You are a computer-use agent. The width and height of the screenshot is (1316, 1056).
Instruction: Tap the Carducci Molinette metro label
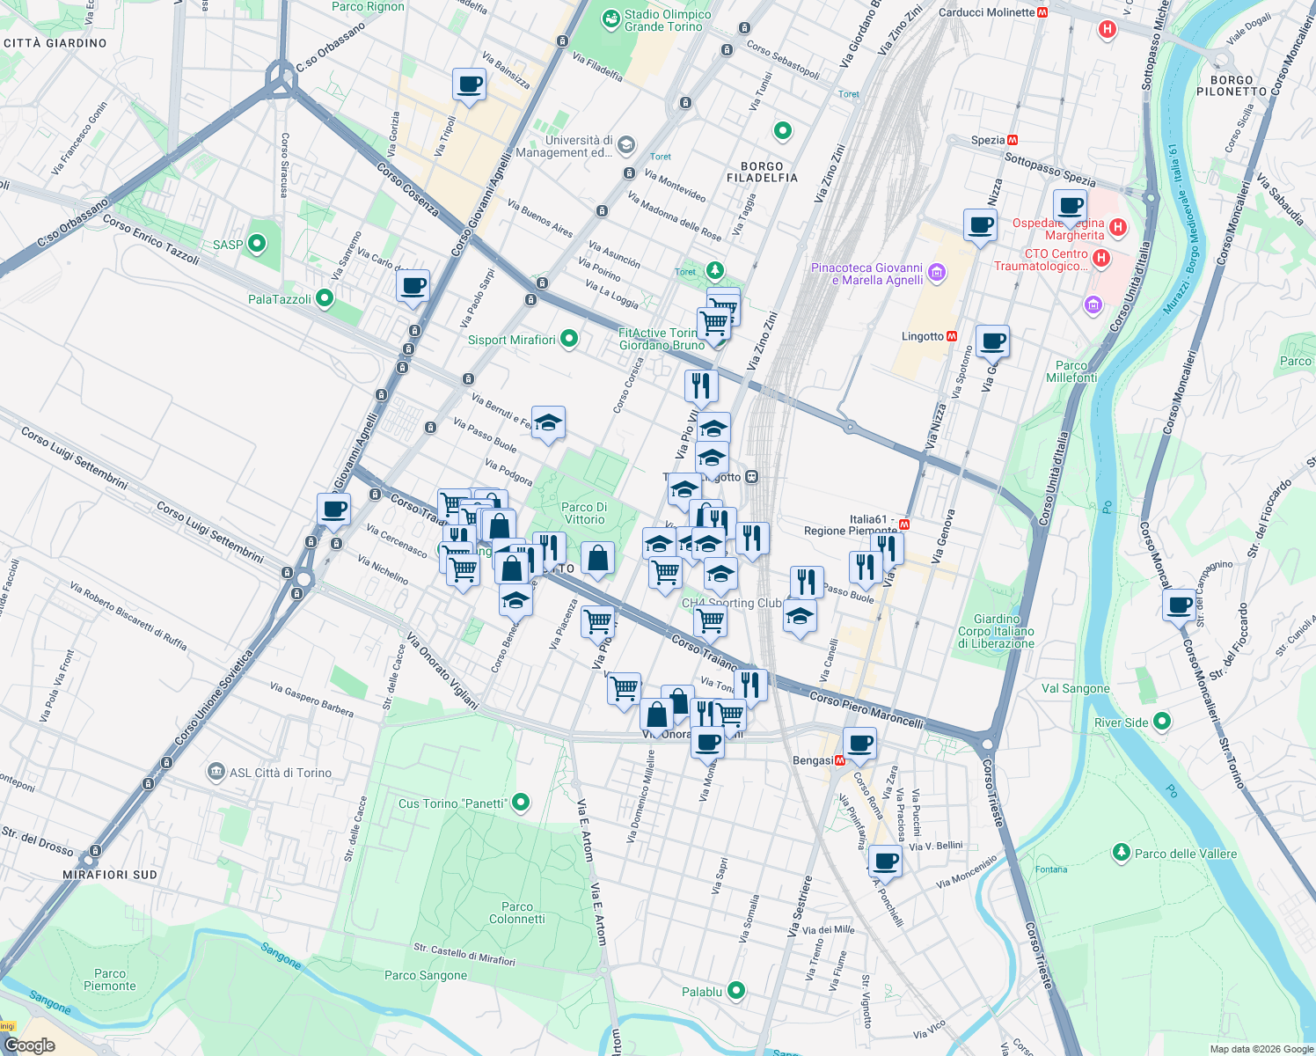(987, 12)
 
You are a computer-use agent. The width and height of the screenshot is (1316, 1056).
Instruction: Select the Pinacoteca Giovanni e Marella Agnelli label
(867, 274)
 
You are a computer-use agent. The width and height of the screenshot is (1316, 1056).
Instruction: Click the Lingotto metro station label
(923, 336)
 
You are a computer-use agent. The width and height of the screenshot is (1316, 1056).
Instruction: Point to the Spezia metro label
(989, 140)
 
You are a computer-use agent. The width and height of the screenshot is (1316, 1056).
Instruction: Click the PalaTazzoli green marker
(325, 299)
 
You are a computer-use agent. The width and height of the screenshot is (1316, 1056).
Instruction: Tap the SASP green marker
(257, 244)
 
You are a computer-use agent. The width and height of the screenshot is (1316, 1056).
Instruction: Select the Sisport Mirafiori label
(512, 340)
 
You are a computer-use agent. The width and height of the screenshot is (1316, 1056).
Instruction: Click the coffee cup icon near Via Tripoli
(469, 84)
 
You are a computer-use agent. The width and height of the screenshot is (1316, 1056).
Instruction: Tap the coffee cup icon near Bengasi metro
(859, 743)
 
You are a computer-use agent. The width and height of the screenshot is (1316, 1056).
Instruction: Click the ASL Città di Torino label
(281, 773)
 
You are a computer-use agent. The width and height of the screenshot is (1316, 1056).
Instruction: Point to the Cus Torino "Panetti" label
(452, 803)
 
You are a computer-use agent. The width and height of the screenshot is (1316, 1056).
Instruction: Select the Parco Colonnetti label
(517, 913)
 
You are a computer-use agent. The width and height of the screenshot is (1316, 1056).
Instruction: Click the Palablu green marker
(736, 992)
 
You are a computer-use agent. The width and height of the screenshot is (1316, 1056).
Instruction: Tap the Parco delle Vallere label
(1185, 854)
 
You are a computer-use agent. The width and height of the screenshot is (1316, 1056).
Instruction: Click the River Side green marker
(1162, 722)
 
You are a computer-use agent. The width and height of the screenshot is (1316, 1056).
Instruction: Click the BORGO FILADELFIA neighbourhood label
(762, 172)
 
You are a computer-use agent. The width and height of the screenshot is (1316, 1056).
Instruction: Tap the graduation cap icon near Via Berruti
(548, 423)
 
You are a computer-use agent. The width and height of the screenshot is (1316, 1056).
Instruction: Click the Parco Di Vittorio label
(584, 513)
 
